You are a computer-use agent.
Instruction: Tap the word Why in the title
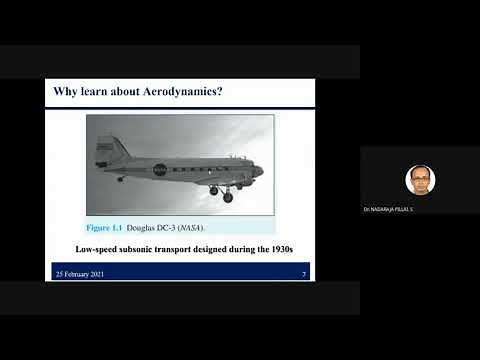point(65,93)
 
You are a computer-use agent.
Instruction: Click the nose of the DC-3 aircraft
point(259,171)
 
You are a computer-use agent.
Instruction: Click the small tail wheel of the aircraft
point(120,180)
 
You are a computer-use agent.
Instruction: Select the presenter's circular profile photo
point(420,180)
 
